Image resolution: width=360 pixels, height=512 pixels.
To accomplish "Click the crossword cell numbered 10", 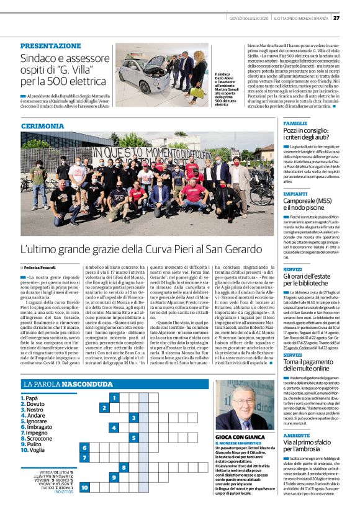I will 84,488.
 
